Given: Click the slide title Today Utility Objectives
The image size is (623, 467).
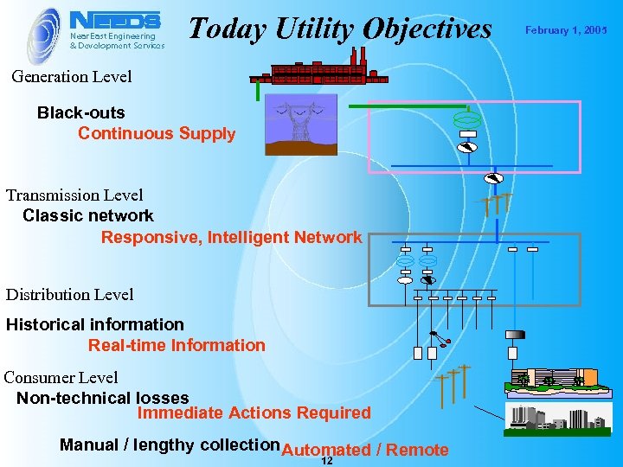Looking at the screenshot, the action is (339, 29).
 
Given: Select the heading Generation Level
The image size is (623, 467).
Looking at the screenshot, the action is (72, 77).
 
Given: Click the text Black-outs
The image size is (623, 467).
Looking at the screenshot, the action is (80, 113).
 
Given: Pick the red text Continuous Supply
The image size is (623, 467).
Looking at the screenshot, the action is (157, 134).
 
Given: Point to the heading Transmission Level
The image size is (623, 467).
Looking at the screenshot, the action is (74, 195).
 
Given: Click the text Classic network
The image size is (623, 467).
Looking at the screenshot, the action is (88, 216).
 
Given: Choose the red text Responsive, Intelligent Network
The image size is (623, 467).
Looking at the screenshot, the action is (231, 237).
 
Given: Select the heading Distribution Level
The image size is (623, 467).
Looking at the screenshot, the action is (70, 295).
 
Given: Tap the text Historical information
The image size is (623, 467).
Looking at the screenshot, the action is (95, 325).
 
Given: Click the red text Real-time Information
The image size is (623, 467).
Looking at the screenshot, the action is (177, 346).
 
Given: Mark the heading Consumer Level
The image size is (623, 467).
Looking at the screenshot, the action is (61, 378).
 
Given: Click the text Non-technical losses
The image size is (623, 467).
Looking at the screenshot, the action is (102, 399).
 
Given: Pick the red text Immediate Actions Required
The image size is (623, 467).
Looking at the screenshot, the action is (254, 413).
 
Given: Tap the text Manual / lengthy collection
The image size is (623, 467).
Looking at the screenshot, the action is (170, 445).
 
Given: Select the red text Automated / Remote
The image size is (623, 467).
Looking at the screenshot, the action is (365, 450).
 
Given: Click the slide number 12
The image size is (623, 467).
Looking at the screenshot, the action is (326, 461).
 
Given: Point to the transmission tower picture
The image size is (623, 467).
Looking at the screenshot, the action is (300, 124).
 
